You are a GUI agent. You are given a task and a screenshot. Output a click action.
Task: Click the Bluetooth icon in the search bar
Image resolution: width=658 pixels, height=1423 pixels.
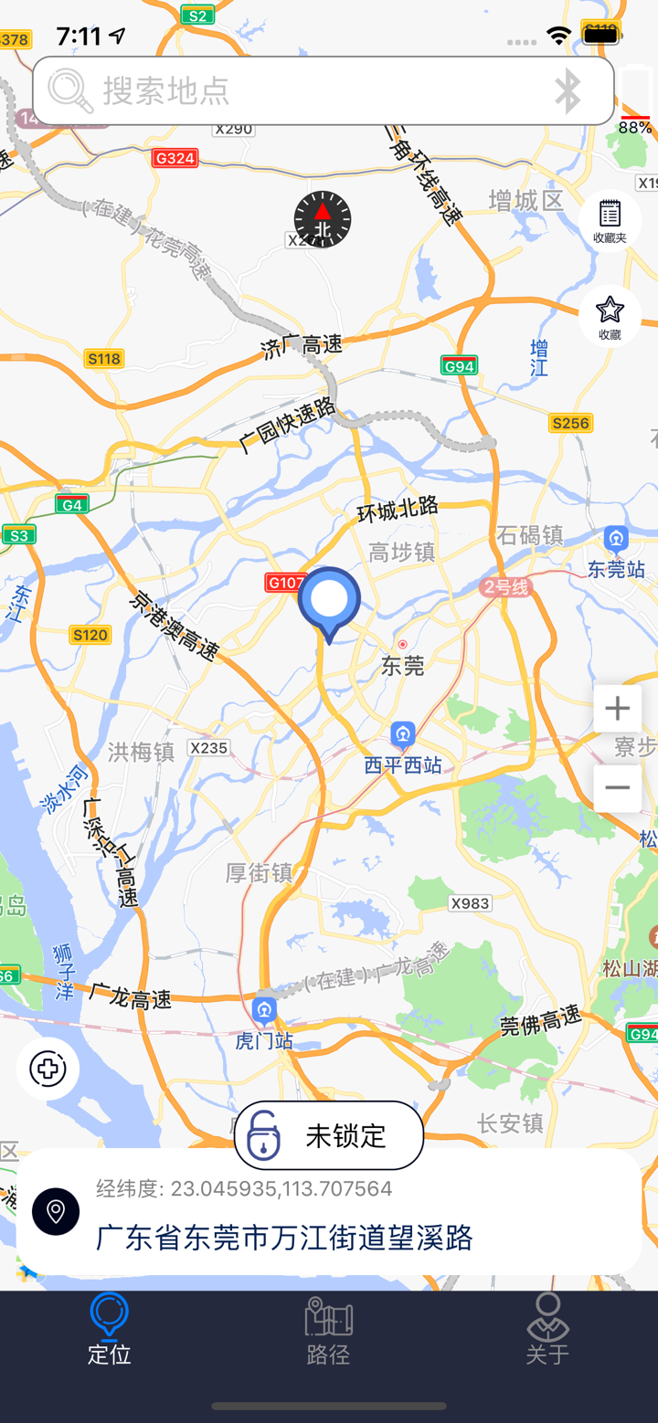click(x=568, y=90)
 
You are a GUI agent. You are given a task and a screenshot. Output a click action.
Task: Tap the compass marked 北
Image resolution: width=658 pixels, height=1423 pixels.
click(x=323, y=220)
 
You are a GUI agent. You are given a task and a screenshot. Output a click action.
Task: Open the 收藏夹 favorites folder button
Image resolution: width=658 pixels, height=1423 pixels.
click(x=610, y=220)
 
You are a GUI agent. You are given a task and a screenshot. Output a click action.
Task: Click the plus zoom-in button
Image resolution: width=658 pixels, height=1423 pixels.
click(x=617, y=709)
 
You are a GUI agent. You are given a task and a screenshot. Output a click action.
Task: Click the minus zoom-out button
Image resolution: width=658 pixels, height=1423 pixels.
click(x=617, y=787)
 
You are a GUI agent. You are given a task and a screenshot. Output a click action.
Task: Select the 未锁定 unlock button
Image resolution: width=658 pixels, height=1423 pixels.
click(x=329, y=1135)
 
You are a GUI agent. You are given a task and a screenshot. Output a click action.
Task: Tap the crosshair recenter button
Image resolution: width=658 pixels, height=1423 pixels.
click(x=48, y=1069)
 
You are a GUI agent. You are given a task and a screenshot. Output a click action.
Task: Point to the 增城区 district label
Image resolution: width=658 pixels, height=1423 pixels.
click(x=526, y=200)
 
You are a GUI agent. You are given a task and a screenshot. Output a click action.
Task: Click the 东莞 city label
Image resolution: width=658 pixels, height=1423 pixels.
click(x=403, y=666)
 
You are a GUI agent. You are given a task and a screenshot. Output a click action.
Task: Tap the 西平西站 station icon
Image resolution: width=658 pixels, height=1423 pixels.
click(x=403, y=733)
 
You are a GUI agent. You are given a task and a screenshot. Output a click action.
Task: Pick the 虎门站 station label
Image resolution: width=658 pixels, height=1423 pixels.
click(x=264, y=1040)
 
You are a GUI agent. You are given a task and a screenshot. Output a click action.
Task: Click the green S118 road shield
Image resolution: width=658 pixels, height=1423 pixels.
click(x=104, y=359)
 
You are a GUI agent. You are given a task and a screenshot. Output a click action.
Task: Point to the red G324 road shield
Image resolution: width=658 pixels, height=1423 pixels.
click(x=175, y=158)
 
